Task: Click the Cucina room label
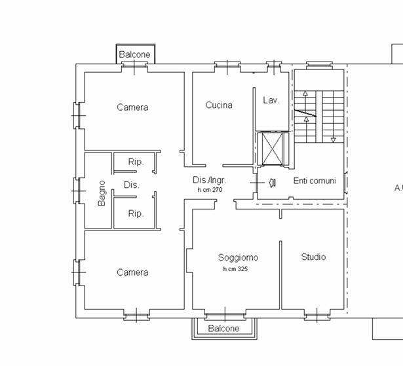(x=219, y=105)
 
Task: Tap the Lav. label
(x=271, y=100)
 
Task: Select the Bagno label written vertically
(x=102, y=193)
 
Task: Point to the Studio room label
(x=313, y=257)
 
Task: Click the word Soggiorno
(x=238, y=257)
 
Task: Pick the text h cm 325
(x=235, y=269)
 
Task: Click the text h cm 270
(x=210, y=190)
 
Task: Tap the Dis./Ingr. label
(x=210, y=180)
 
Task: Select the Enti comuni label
(x=315, y=181)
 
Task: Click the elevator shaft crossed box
(x=272, y=149)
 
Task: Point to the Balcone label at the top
(x=134, y=54)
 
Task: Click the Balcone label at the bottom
(x=223, y=328)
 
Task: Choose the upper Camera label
(x=132, y=107)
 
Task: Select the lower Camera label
(x=132, y=272)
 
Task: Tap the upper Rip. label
(x=136, y=162)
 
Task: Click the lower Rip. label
(x=136, y=213)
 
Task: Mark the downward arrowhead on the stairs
(x=334, y=140)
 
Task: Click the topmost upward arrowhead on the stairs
(x=305, y=93)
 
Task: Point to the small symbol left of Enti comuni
(x=273, y=183)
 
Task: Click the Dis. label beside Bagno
(x=131, y=185)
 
